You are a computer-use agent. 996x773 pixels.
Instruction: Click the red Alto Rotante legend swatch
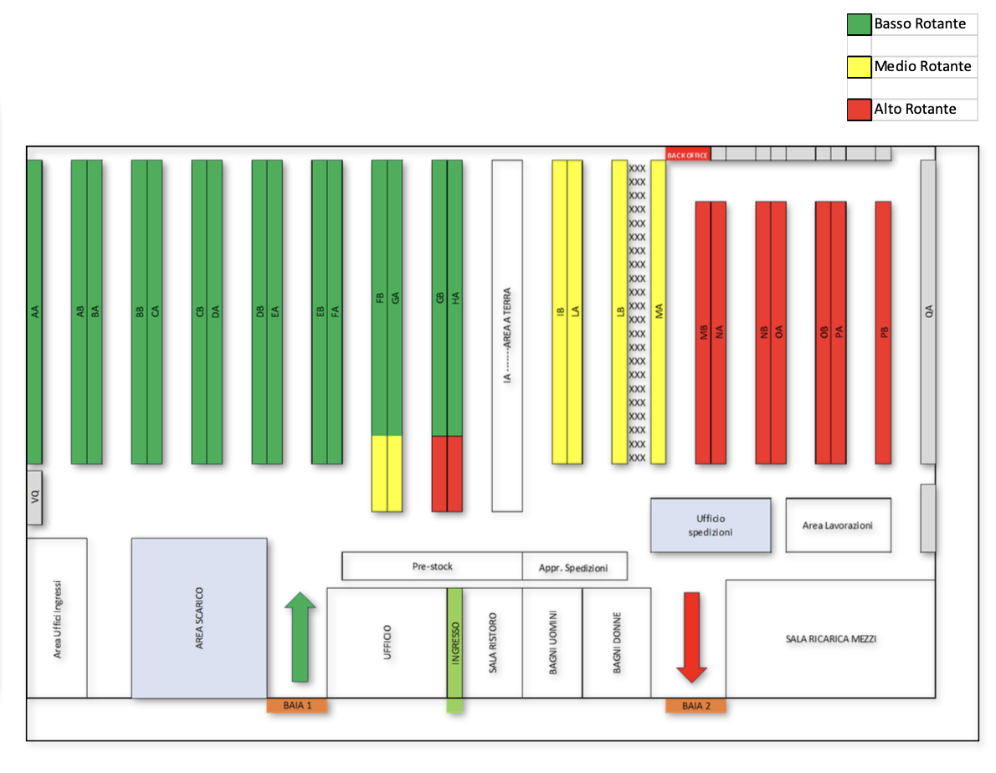859,110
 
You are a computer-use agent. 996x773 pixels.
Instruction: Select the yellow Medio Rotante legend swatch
859,67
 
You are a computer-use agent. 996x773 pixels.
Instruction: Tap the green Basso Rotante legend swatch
859,24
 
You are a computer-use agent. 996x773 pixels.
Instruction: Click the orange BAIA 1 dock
297,705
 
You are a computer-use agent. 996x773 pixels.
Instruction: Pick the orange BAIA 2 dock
696,705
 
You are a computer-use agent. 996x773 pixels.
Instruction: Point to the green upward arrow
300,636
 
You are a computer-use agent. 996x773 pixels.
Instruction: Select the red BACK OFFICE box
687,155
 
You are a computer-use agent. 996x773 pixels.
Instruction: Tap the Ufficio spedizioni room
711,525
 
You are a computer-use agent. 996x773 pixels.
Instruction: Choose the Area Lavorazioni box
837,525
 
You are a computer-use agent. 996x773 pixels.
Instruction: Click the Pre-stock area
432,566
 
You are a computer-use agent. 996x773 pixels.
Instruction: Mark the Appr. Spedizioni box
575,566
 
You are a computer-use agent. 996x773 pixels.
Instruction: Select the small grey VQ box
34,497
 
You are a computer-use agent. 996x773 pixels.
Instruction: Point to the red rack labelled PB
883,332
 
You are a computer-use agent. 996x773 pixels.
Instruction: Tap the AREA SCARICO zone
199,617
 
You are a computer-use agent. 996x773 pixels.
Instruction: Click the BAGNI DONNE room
617,642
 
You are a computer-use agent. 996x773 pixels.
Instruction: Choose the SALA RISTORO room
493,642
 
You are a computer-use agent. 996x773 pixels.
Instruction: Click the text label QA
928,311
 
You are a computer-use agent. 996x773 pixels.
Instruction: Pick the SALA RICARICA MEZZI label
830,639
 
